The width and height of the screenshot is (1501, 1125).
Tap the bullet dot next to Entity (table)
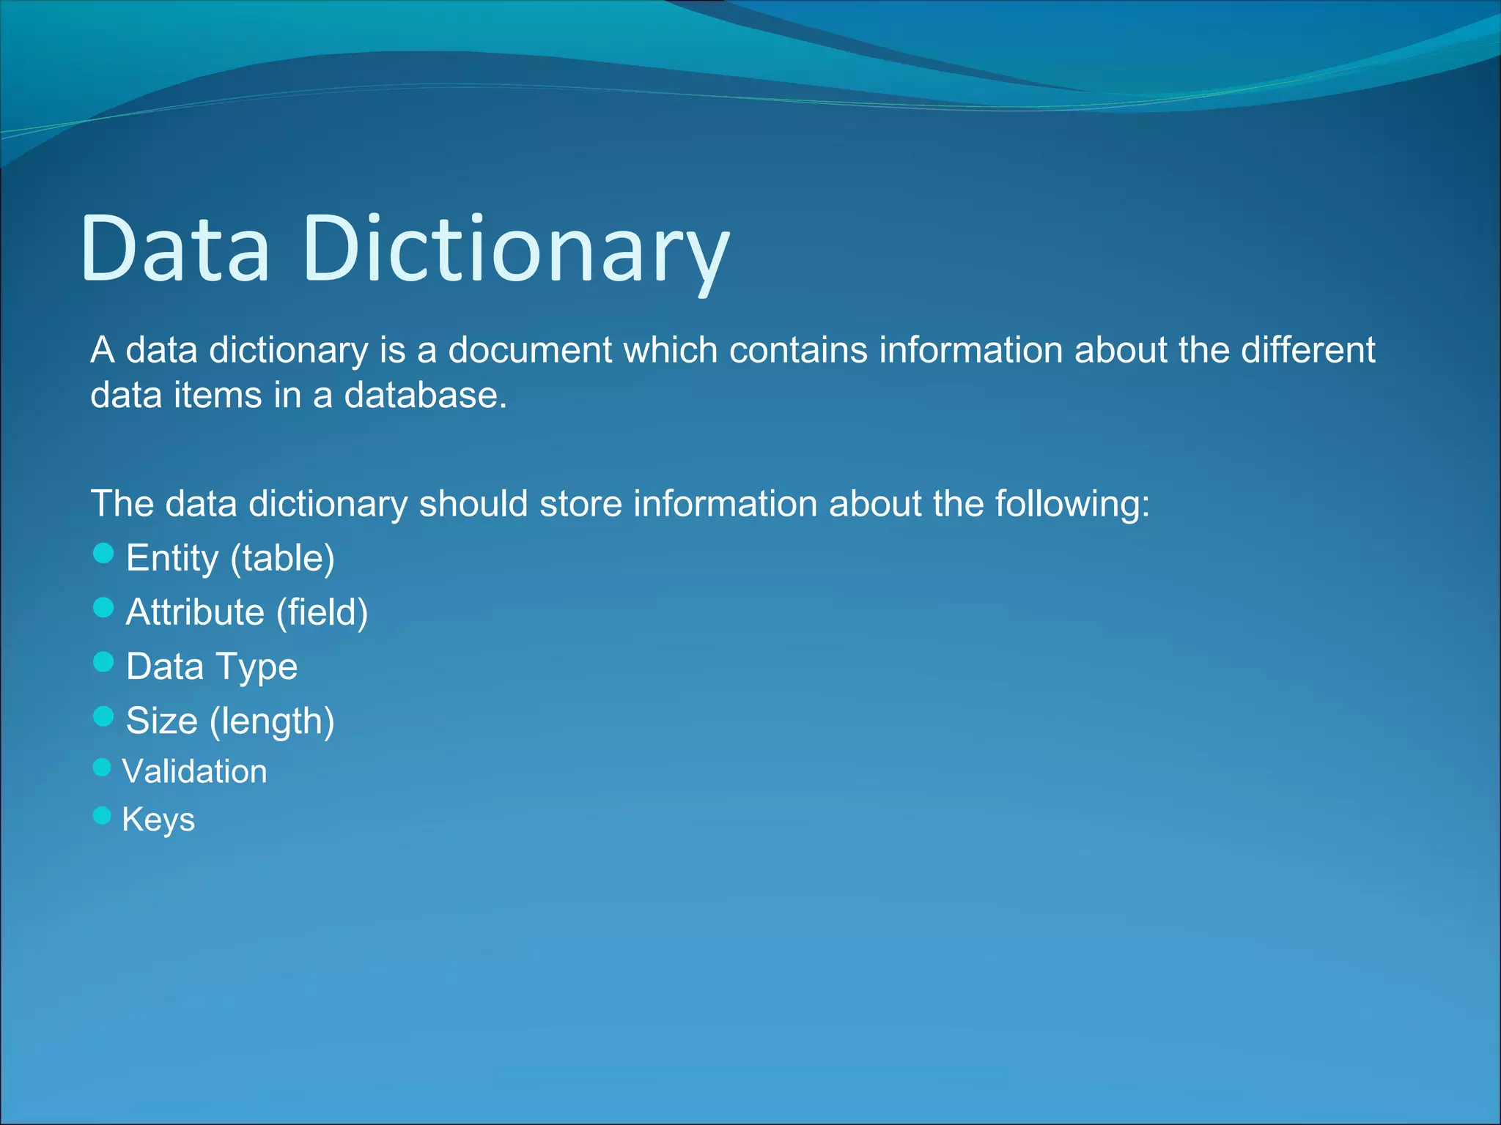click(104, 554)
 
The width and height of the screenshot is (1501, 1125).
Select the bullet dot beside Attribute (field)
click(104, 608)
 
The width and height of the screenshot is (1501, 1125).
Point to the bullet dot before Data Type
click(104, 662)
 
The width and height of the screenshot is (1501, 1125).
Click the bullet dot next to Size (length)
click(104, 716)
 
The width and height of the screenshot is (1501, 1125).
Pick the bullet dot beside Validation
click(103, 768)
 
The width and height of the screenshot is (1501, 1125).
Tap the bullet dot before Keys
click(103, 815)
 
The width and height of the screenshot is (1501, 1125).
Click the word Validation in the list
click(195, 771)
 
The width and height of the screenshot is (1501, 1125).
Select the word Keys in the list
click(158, 820)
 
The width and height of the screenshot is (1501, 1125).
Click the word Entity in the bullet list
click(172, 559)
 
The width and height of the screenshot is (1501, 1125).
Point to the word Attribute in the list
click(195, 612)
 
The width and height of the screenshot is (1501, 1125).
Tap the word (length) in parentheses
click(272, 721)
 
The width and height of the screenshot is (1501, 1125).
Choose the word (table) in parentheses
click(282, 559)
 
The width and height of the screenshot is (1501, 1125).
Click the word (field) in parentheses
click(322, 612)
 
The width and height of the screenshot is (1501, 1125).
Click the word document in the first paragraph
click(530, 350)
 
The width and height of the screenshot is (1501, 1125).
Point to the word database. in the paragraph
click(426, 396)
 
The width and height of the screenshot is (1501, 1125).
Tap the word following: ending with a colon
click(1072, 505)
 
